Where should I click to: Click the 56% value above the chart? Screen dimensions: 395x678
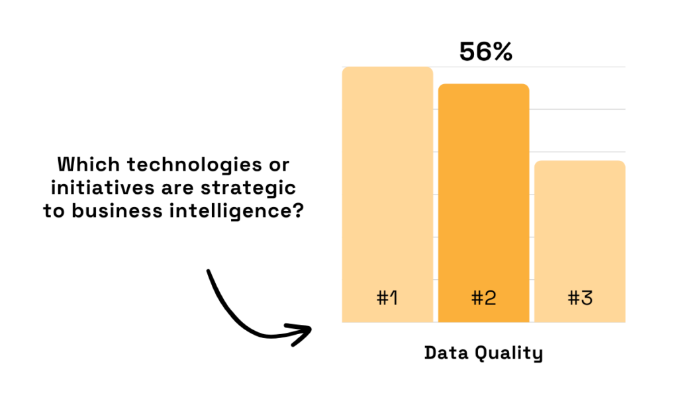point(485,52)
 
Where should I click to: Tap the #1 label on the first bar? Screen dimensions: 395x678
point(387,298)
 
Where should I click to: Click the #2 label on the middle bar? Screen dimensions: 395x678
point(483,298)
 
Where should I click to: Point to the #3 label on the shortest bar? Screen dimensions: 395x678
point(580,298)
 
